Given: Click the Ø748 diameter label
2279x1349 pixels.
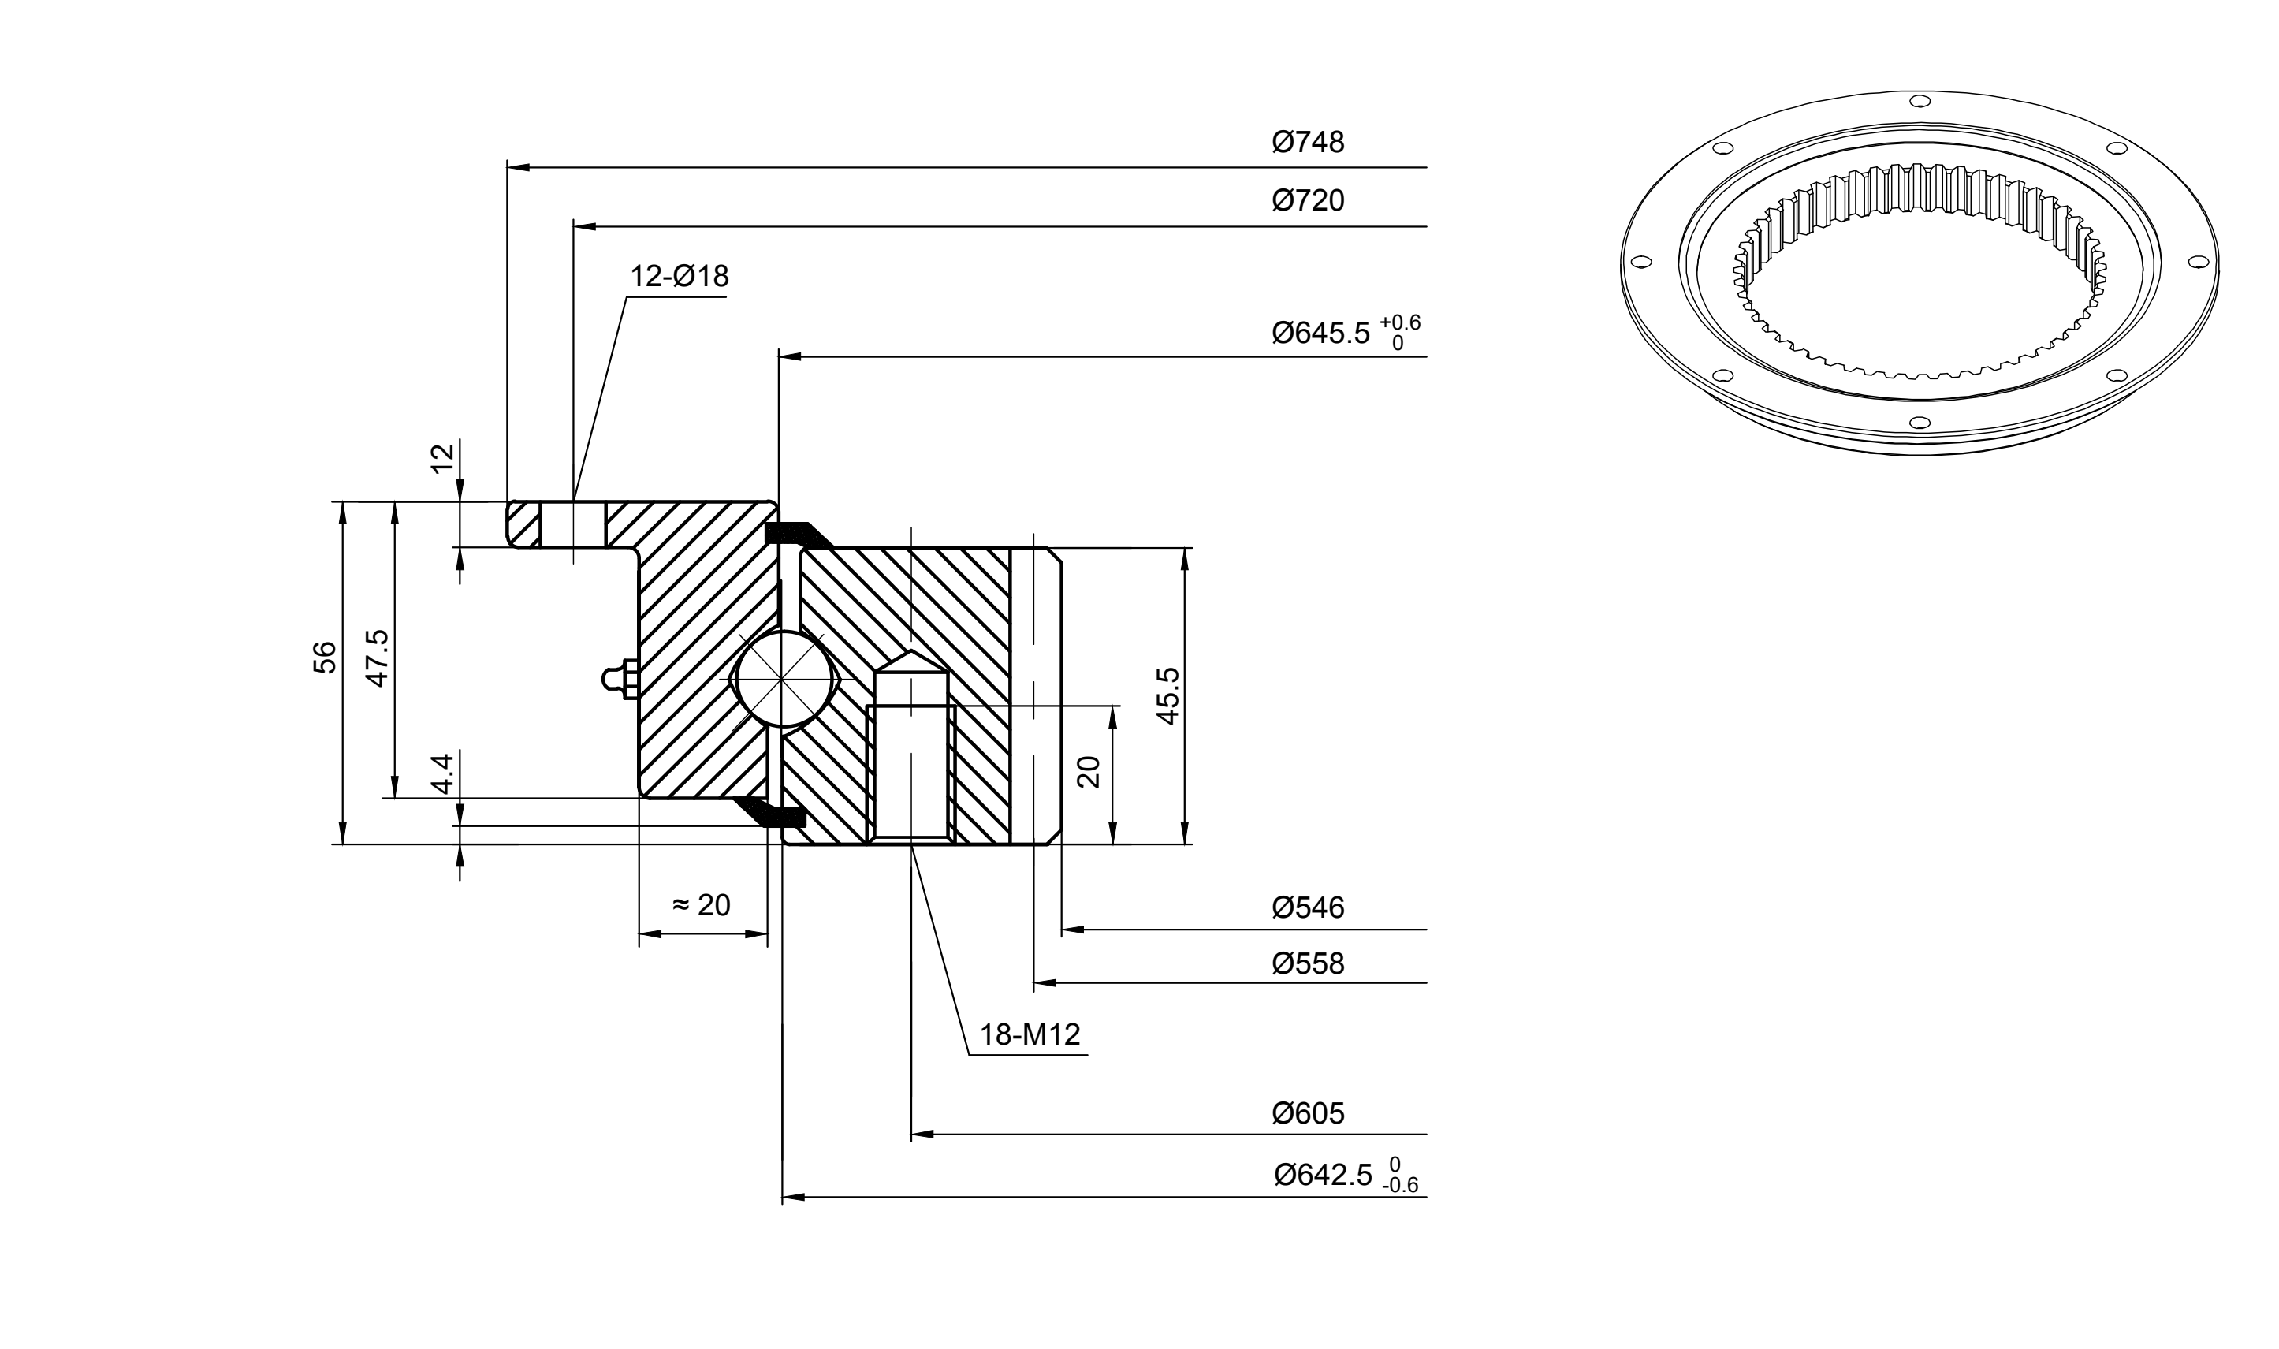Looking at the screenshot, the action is [x=1308, y=142].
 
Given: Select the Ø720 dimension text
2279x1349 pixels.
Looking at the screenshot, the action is [x=1308, y=200].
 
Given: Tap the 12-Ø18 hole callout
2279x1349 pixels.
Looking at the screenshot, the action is [x=680, y=277].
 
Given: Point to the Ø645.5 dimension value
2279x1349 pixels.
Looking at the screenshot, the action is [x=1320, y=334].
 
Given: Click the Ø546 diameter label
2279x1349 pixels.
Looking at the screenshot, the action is [x=1308, y=907].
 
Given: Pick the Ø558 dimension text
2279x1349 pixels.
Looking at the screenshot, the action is [x=1308, y=963].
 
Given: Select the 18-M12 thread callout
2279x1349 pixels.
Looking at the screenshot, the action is [x=1030, y=1034].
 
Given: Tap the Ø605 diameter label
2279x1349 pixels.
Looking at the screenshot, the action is [x=1308, y=1113].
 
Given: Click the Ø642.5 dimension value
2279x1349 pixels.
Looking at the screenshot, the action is [x=1323, y=1176].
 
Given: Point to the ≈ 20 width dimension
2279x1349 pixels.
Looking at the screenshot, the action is [x=701, y=904].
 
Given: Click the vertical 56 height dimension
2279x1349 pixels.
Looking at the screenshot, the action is [x=325, y=658].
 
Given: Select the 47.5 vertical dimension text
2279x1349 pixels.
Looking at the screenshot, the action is [x=376, y=658].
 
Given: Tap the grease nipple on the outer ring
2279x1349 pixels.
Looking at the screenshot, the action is [x=620, y=679].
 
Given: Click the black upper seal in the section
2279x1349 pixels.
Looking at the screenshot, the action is [x=798, y=535].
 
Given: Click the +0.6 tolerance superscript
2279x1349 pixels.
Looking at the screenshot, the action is [x=1399, y=322].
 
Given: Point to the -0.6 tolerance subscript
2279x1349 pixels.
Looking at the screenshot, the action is [x=1400, y=1185].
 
